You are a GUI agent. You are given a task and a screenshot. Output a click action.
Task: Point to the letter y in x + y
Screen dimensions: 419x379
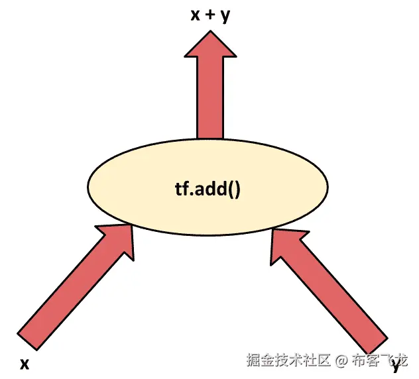coord(225,17)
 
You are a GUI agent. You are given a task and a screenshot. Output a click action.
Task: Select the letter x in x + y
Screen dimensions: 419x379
coord(195,15)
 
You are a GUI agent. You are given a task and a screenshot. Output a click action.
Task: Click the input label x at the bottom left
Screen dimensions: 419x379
coord(25,363)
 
